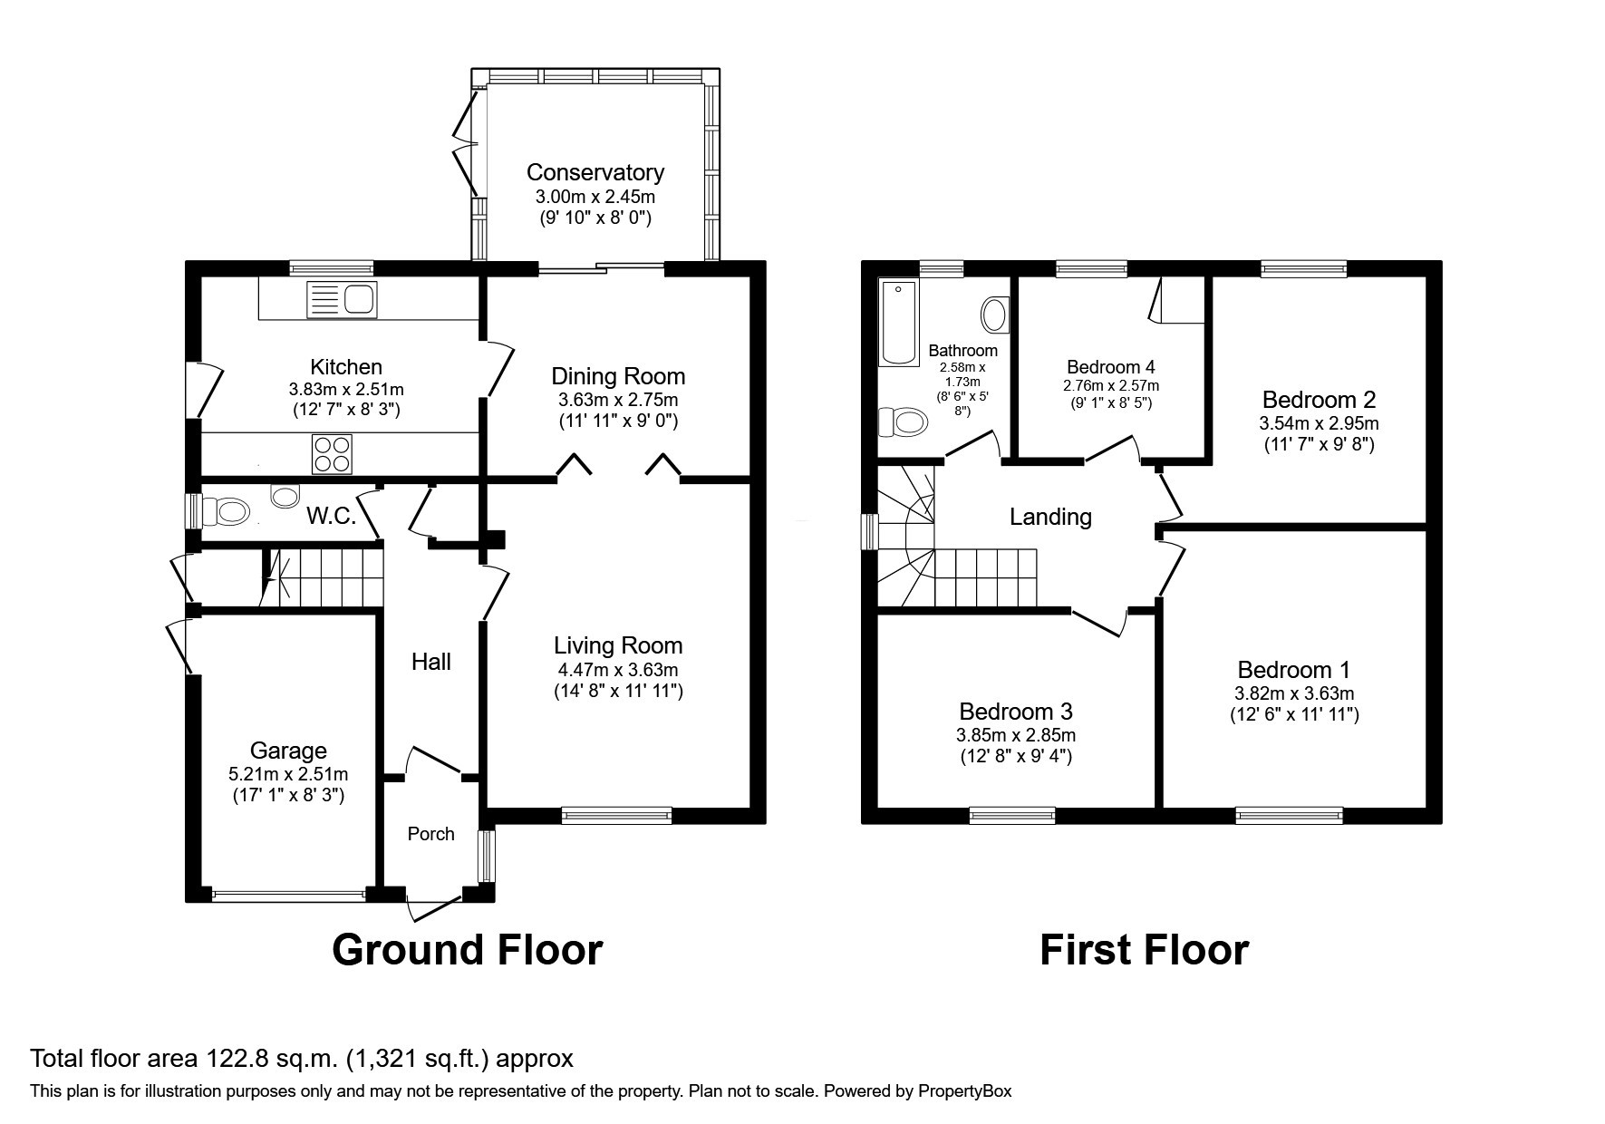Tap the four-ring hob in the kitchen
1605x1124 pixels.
331,454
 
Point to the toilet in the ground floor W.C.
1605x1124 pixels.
225,513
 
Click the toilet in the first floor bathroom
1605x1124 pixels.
904,421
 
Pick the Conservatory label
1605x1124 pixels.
595,172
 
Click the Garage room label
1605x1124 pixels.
288,751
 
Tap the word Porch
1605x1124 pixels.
430,834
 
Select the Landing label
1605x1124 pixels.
1050,517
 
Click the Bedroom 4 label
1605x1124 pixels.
1111,367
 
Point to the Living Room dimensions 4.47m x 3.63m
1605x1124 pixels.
618,671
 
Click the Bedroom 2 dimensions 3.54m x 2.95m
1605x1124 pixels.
1319,423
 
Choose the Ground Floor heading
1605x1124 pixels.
467,950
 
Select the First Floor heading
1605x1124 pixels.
1144,950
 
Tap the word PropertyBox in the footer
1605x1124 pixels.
965,1091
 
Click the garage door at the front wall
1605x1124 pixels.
289,895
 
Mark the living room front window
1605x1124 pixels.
616,815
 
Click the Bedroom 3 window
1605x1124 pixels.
1012,815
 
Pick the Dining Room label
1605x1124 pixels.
618,376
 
